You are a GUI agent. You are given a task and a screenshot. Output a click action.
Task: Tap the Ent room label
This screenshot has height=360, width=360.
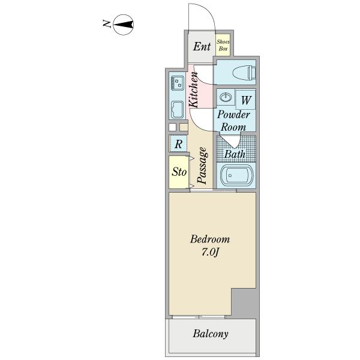point(202,46)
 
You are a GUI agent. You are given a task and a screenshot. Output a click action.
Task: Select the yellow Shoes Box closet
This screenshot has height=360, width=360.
point(223,45)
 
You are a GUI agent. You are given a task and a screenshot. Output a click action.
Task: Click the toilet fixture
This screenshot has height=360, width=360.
point(244,72)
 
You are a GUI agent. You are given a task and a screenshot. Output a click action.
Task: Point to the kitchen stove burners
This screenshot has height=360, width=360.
point(178,83)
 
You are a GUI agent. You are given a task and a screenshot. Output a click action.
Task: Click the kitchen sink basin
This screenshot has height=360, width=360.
point(177,110)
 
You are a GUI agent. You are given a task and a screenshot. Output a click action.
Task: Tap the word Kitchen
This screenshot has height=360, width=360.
point(193,90)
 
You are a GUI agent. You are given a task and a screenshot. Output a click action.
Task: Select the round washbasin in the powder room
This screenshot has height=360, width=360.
point(226,97)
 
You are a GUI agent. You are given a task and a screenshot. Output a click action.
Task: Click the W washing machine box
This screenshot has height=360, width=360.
point(245,100)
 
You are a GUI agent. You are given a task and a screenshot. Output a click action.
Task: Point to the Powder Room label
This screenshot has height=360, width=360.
point(233,121)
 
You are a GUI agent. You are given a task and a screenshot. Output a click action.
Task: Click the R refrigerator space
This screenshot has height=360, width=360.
point(178,143)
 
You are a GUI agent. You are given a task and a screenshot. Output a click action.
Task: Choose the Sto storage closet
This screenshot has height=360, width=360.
point(179,172)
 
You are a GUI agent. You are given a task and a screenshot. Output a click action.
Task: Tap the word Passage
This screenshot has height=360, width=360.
point(202,166)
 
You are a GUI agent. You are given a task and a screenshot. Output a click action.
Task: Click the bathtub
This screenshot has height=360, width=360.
point(237,176)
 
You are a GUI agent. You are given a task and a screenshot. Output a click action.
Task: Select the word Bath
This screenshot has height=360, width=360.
point(235,154)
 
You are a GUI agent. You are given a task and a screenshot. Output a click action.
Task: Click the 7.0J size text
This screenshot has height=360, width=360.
point(210,252)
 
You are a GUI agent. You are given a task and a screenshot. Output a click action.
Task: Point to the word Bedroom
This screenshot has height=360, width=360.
point(210,239)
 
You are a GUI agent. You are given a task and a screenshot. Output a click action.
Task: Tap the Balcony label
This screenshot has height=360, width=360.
point(211,334)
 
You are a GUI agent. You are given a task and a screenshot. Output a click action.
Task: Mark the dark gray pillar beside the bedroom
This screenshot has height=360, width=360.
point(245,303)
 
